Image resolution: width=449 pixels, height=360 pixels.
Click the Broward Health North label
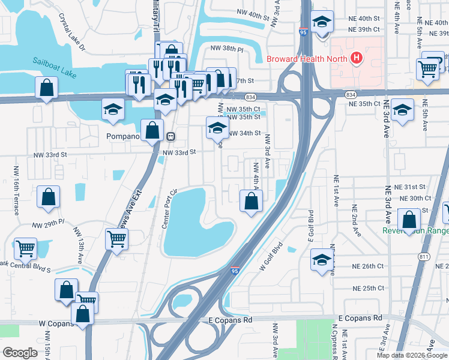tap(307, 59)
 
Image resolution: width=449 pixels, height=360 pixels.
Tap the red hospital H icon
tap(357, 58)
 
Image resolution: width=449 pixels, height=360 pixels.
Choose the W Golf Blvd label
tap(271, 257)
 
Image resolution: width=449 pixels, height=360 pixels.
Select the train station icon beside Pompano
tap(171, 136)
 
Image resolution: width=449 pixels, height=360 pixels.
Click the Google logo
tap(20, 353)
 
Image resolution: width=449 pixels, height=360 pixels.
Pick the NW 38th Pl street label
tap(226, 49)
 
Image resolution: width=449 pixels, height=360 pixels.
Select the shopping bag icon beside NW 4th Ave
tap(251, 201)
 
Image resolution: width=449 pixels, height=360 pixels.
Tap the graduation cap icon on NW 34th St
tap(217, 127)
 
